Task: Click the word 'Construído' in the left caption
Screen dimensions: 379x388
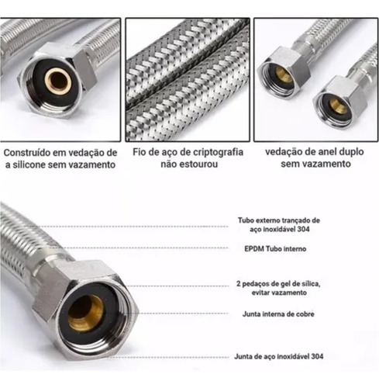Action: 26,153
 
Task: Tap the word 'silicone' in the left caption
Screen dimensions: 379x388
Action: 29,165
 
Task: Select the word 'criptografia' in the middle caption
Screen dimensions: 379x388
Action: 219,152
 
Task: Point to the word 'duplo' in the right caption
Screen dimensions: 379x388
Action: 351,152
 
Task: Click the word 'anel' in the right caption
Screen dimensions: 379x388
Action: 326,151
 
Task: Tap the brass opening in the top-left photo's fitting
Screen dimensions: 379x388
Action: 58,82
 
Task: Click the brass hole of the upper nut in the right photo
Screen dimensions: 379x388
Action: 283,74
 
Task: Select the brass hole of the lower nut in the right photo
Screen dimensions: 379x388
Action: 338,106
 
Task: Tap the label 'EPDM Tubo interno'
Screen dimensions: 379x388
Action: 275,249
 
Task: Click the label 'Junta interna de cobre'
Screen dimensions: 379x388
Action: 278,314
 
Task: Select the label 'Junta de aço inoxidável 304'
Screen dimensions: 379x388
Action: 279,356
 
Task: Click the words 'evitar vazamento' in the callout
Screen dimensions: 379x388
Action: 279,293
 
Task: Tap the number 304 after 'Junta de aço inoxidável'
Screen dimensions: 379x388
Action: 317,356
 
